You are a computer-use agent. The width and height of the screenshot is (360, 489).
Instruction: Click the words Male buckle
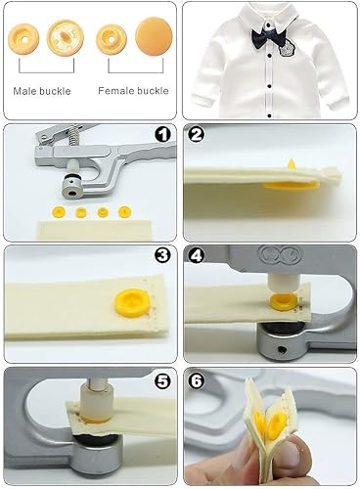click(x=42, y=91)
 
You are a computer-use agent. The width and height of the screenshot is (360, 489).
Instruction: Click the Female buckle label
click(x=133, y=91)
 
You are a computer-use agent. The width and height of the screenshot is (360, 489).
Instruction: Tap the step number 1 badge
click(x=162, y=135)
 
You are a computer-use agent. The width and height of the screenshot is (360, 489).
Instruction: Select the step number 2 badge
click(x=196, y=134)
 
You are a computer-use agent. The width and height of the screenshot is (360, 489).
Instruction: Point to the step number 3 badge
click(x=162, y=255)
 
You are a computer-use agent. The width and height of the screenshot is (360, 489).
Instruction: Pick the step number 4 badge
click(x=196, y=256)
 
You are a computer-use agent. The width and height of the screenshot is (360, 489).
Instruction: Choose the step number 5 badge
click(x=162, y=380)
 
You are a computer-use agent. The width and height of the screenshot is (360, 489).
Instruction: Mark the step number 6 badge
click(x=196, y=380)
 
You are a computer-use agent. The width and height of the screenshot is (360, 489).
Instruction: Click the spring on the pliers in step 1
click(x=72, y=136)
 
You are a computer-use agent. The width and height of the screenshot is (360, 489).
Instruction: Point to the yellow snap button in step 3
click(x=131, y=303)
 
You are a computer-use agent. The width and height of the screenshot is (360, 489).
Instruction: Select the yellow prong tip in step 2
click(x=292, y=163)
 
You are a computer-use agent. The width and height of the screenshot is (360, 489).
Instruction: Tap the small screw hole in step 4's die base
click(x=283, y=350)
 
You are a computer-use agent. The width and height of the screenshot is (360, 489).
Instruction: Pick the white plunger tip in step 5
click(x=97, y=400)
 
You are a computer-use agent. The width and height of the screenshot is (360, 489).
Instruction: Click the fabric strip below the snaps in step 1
click(x=95, y=230)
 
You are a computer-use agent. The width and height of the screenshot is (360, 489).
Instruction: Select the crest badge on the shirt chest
click(x=288, y=47)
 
